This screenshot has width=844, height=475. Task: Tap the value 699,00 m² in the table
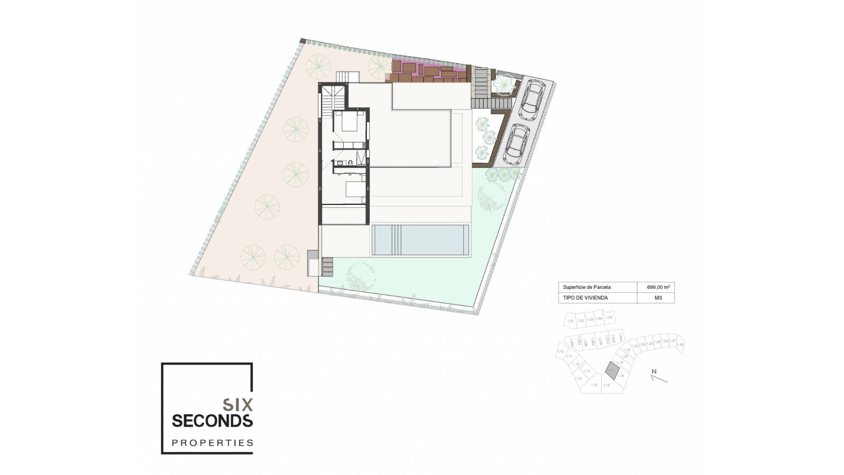coord(658,287)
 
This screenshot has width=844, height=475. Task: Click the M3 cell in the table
coord(658,298)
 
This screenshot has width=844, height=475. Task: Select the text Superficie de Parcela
coord(586,287)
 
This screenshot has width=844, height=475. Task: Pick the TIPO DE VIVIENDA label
coord(585,298)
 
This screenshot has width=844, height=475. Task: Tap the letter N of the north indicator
coord(654,372)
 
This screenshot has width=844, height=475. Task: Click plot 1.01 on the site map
coord(571,321)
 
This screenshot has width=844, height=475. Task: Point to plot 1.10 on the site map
coord(560,351)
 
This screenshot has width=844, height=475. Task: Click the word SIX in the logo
coord(238,404)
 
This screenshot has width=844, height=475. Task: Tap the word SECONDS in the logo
coord(212,420)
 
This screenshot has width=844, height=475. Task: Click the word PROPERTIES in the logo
coord(212,442)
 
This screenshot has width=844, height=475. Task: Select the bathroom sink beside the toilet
coord(340,163)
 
